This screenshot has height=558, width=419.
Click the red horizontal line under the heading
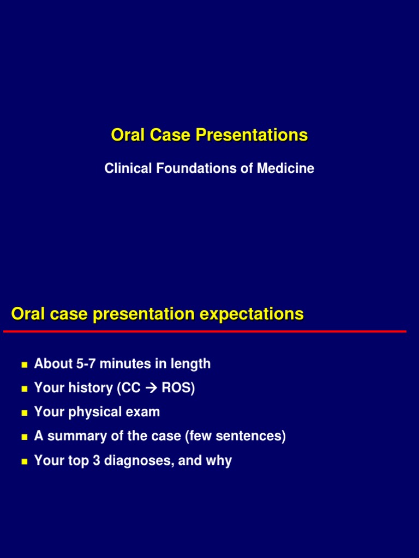(x=205, y=331)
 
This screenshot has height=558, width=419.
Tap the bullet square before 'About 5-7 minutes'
(x=24, y=365)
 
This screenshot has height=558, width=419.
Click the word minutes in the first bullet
(x=124, y=364)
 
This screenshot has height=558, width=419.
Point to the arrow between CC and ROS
(x=151, y=389)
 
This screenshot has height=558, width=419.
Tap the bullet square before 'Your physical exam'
(x=24, y=413)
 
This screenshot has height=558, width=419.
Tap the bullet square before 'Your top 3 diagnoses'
(x=24, y=461)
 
